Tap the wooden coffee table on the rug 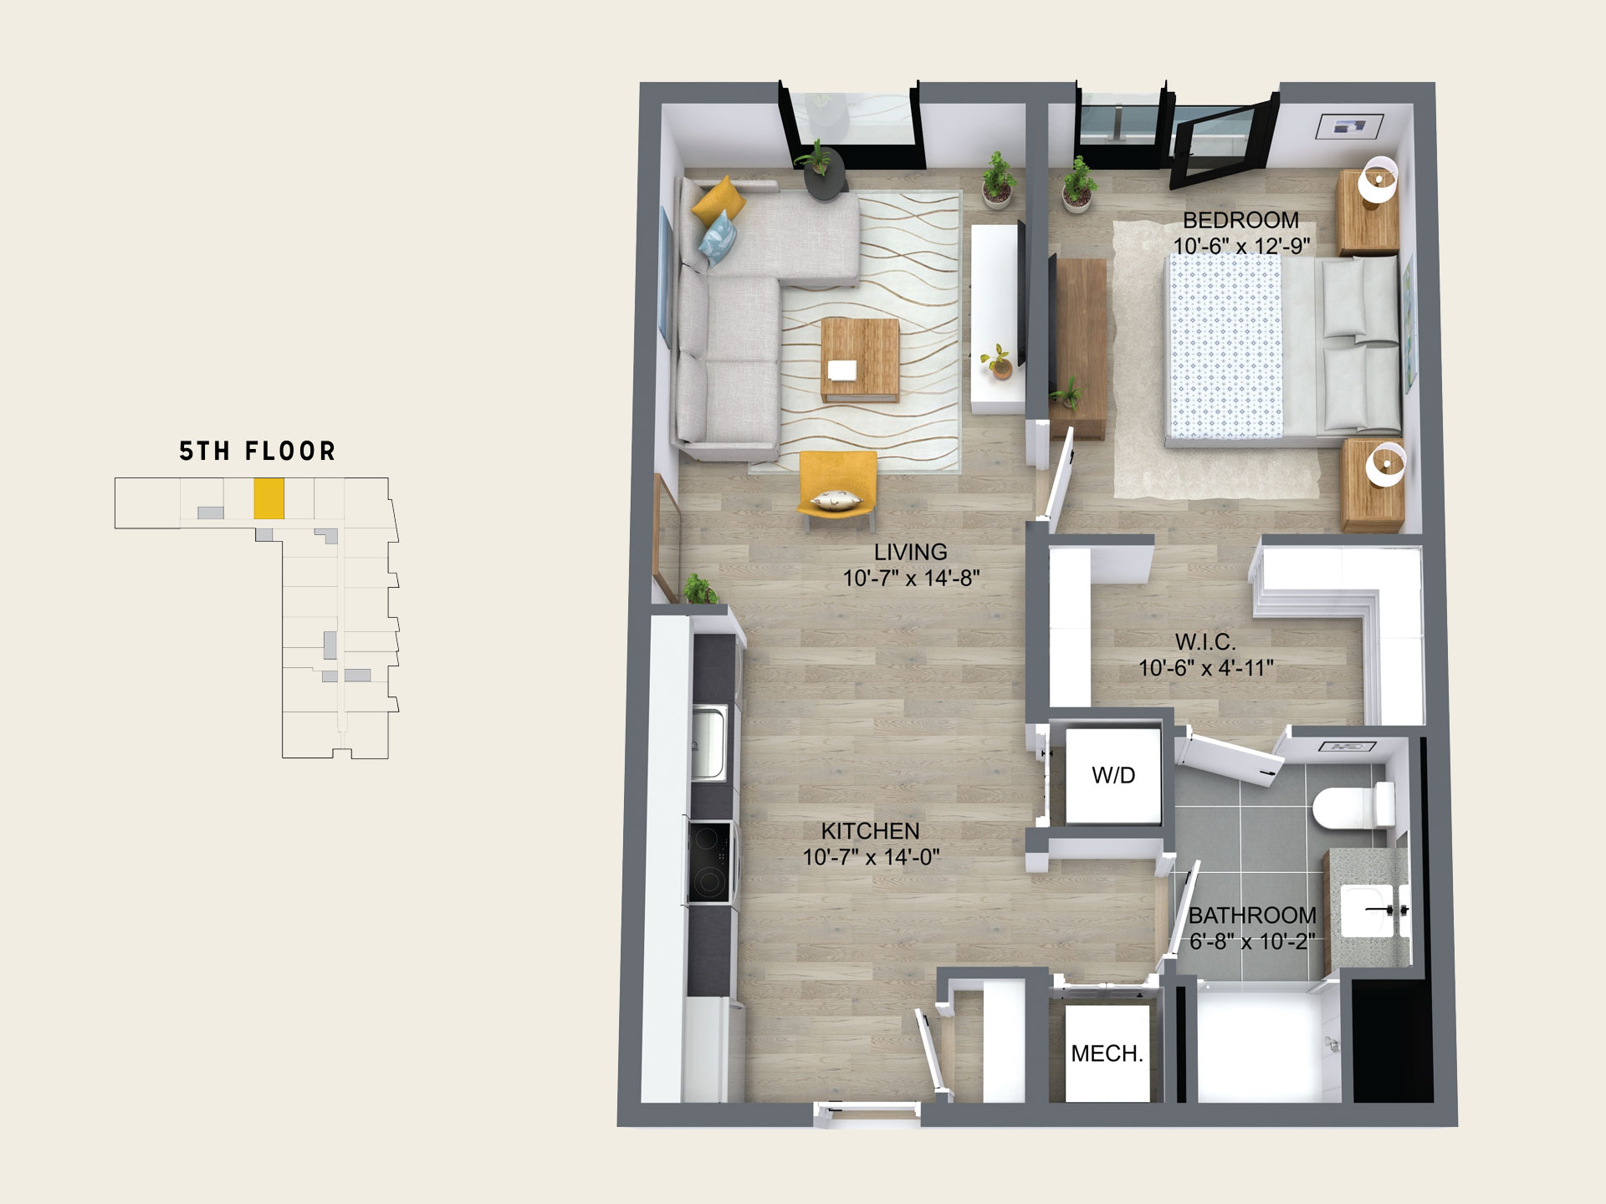click(x=860, y=360)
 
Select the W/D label click(x=1113, y=775)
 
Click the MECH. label click(x=1107, y=1053)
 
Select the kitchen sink click(x=708, y=742)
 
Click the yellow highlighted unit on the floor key click(x=269, y=498)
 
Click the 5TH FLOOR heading click(x=258, y=451)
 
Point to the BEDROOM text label click(x=1240, y=221)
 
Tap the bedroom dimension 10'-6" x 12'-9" click(x=1241, y=246)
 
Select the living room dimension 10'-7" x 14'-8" click(x=911, y=578)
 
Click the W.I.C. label click(x=1205, y=642)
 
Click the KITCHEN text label click(x=870, y=831)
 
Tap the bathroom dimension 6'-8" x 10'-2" click(x=1252, y=941)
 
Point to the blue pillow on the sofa click(x=718, y=237)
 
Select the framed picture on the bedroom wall click(x=1349, y=126)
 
